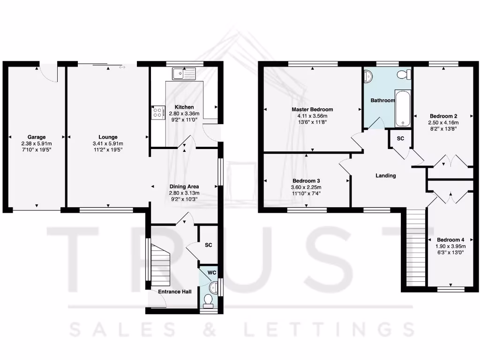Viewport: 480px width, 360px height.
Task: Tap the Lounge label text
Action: tap(108, 137)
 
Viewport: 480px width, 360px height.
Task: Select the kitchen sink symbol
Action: tap(183, 73)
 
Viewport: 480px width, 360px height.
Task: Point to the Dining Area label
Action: tap(184, 186)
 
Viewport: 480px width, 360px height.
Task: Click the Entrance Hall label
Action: tap(174, 292)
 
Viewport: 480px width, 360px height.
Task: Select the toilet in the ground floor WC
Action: tap(208, 300)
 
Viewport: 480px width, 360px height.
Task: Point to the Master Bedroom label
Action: tap(312, 110)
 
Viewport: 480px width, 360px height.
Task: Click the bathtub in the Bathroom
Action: tap(402, 109)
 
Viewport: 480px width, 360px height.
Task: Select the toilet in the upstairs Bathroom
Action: tap(403, 75)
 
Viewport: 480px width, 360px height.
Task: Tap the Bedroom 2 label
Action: tap(443, 116)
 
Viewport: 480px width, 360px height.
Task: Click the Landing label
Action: tap(386, 176)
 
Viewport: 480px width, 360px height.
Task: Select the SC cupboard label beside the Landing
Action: tap(401, 139)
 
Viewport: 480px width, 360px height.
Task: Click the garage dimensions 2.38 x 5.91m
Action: tap(36, 143)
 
